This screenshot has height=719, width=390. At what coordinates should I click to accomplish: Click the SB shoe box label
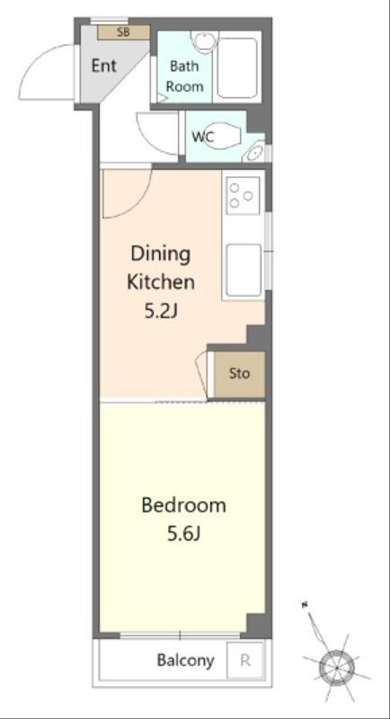tap(123, 32)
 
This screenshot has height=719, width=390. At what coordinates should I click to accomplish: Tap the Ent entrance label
tap(104, 66)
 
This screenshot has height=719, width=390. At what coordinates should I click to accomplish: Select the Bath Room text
tap(184, 76)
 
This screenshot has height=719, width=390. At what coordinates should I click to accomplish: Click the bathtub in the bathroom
tap(237, 67)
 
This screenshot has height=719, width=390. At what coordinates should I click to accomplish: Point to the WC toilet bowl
tap(222, 136)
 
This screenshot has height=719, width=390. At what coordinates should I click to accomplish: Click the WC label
tap(201, 137)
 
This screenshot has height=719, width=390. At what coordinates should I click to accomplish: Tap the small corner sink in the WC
tap(254, 152)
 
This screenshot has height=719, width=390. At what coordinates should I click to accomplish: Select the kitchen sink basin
tap(244, 271)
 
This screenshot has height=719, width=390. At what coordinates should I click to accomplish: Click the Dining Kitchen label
tap(160, 268)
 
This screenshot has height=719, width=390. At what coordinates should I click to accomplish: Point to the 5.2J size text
tap(160, 312)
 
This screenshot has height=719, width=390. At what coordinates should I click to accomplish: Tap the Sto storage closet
tap(239, 374)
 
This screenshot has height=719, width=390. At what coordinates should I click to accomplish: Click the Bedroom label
tap(184, 505)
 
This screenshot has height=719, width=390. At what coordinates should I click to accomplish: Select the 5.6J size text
tap(184, 534)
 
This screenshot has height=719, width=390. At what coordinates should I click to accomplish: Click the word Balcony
tap(185, 661)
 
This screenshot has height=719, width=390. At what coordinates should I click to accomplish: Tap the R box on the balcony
tap(245, 661)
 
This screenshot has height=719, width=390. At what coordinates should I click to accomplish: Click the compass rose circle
tap(337, 667)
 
